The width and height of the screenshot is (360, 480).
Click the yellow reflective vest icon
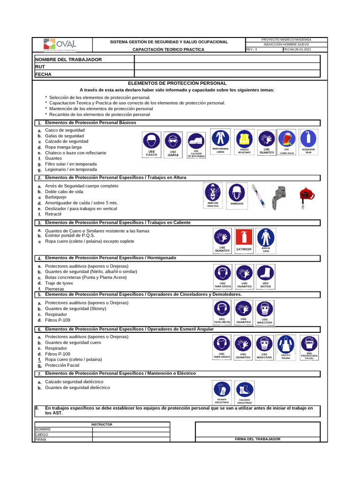(244, 142)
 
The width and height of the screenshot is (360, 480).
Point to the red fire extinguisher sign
(244, 240)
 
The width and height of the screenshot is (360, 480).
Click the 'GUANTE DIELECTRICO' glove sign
(222, 392)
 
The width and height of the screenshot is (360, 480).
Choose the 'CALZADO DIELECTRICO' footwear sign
(245, 392)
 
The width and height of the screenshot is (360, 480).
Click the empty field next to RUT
(227, 67)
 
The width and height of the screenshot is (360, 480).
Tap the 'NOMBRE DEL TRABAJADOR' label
(68, 60)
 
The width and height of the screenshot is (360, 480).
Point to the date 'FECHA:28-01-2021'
(297, 49)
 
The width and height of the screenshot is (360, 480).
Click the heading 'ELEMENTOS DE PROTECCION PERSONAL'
(177, 82)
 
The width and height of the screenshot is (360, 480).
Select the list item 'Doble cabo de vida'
(64, 192)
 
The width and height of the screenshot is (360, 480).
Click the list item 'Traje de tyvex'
(59, 283)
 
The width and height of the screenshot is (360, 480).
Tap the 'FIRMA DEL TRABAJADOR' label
(257, 439)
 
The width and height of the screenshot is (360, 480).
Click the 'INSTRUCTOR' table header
(102, 424)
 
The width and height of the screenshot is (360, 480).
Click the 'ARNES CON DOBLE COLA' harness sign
(213, 195)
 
